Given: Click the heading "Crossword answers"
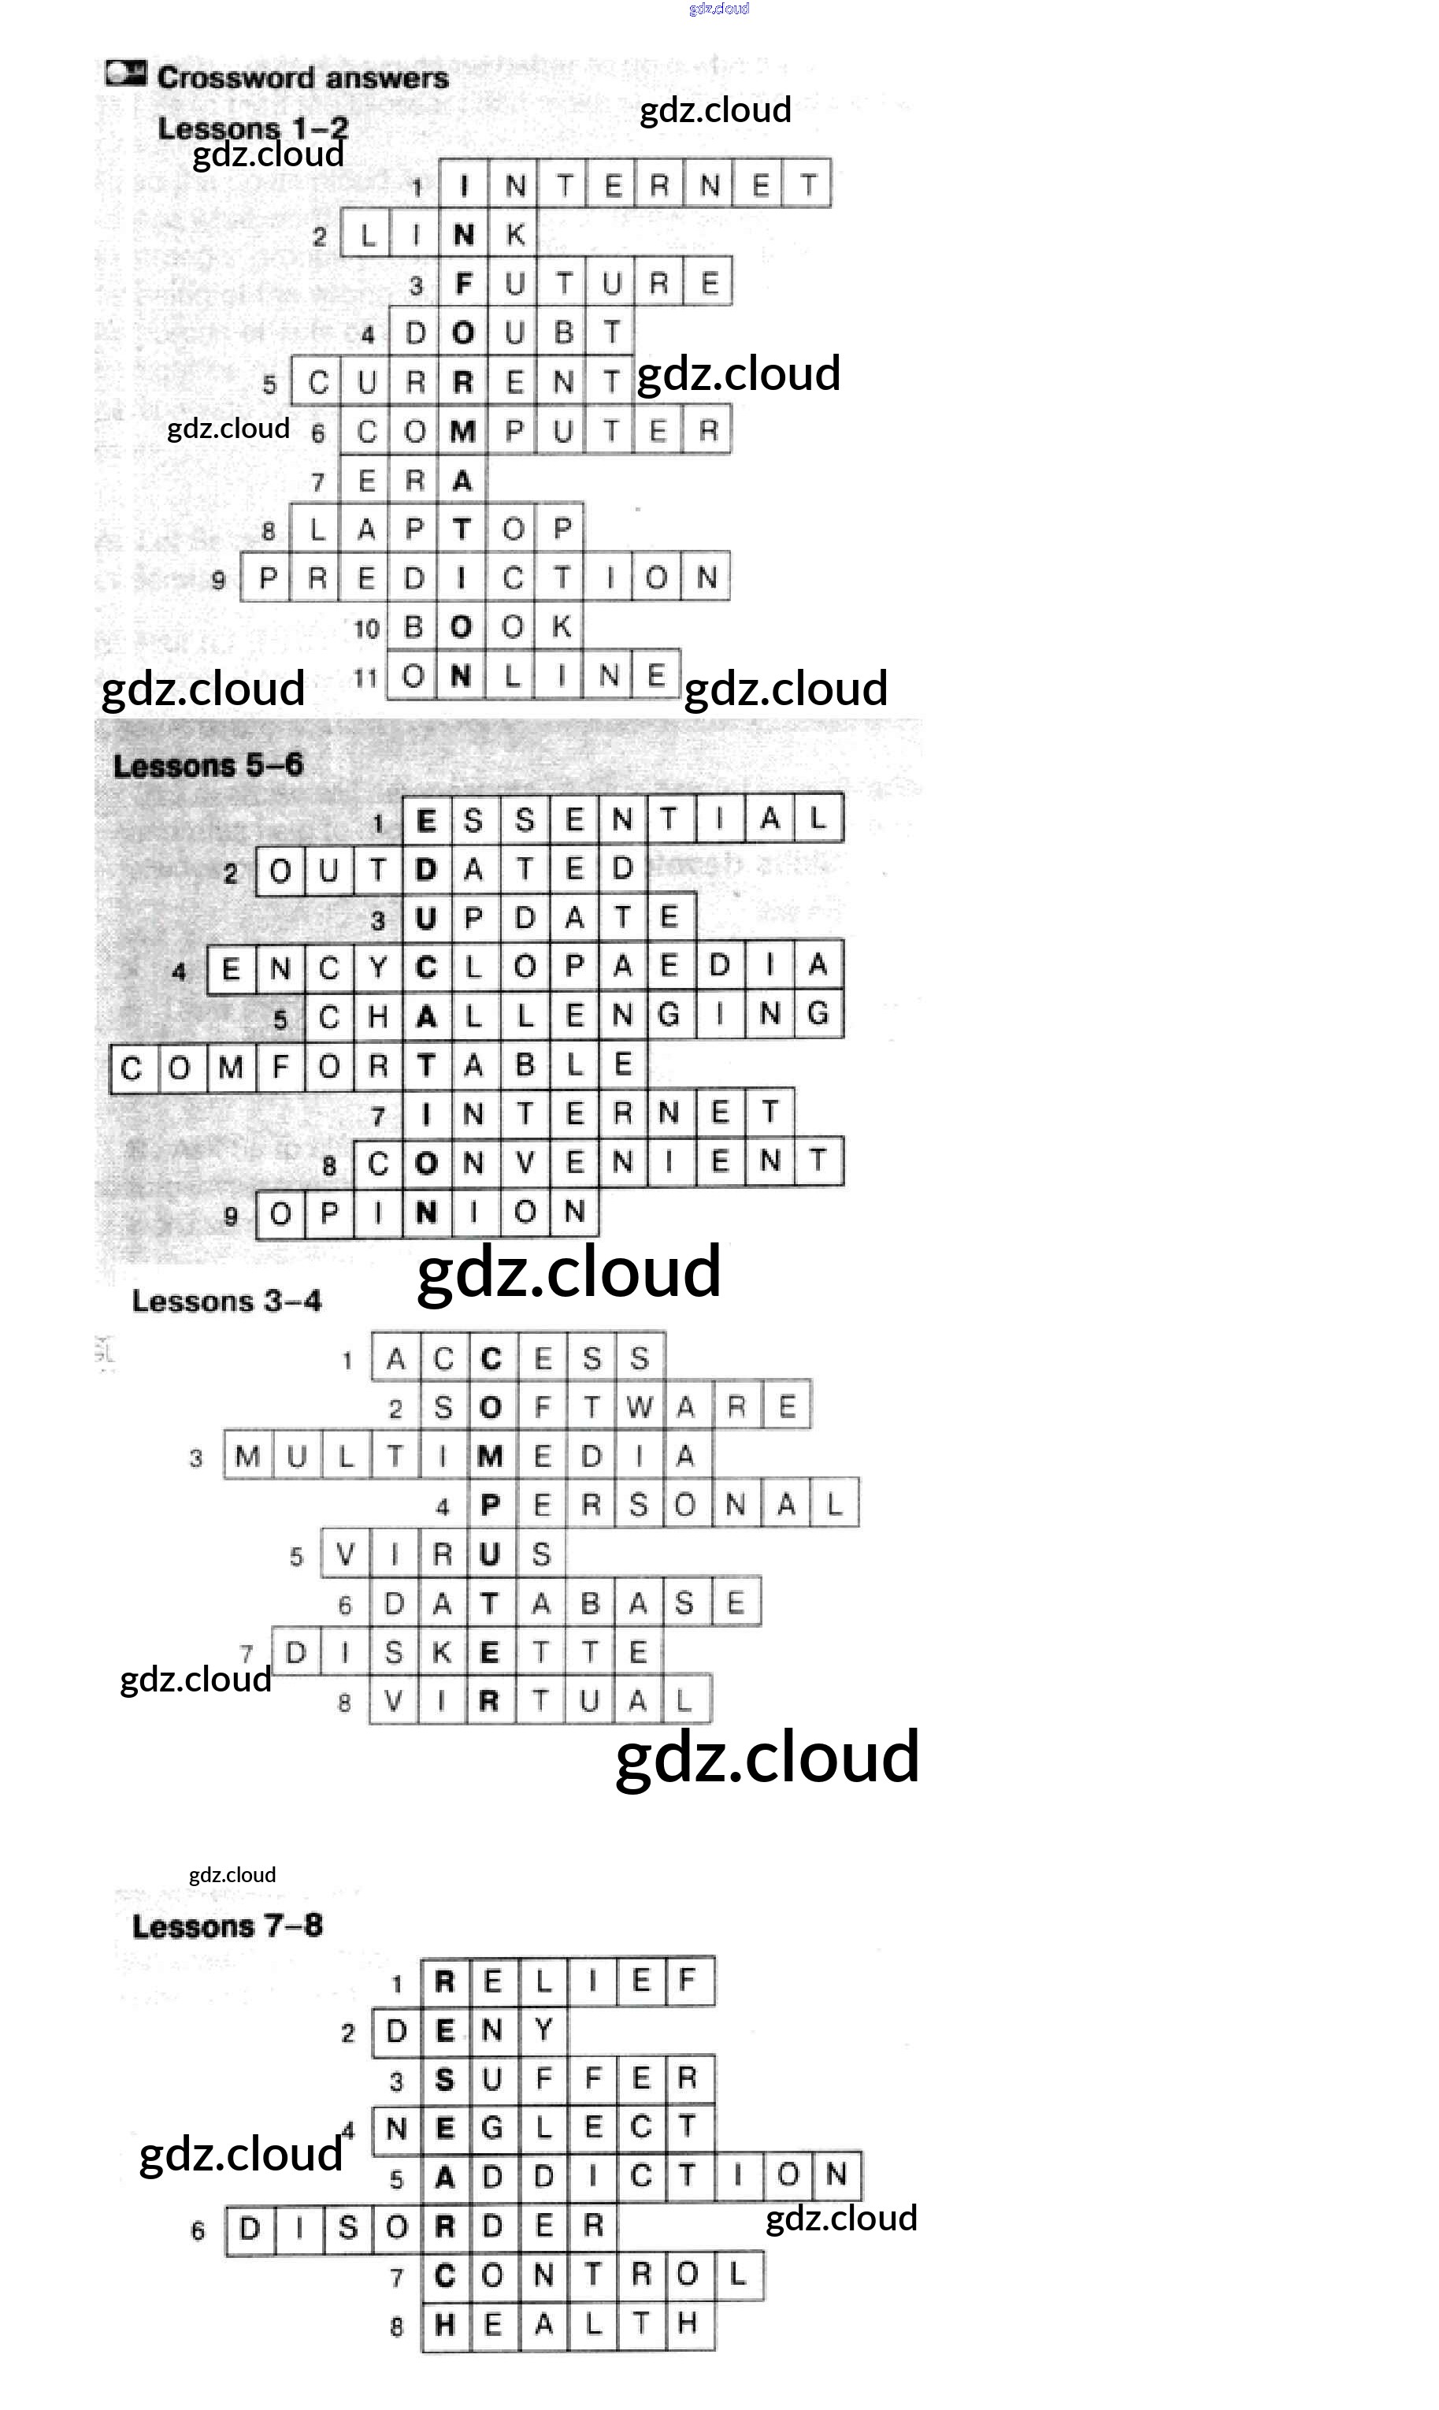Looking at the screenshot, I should click(x=302, y=77).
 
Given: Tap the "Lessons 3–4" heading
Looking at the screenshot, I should click(x=226, y=1302).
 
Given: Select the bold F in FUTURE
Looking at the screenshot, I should click(x=463, y=284).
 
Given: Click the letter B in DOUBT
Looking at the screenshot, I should click(x=563, y=333).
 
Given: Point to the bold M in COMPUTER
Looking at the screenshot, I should click(x=462, y=432).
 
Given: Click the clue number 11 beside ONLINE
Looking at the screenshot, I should click(x=365, y=677).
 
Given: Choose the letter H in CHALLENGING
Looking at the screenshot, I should click(x=378, y=1016).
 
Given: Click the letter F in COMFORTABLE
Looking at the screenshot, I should click(x=280, y=1068).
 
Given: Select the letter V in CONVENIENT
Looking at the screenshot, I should click(x=525, y=1162).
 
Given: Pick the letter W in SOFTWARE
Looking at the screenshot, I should click(x=639, y=1407).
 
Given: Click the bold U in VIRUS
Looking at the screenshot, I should click(x=491, y=1554).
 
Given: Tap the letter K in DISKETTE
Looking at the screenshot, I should click(x=442, y=1653).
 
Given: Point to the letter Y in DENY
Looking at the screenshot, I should click(x=543, y=2029).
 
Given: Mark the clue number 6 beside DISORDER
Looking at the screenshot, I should click(x=198, y=2230).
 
